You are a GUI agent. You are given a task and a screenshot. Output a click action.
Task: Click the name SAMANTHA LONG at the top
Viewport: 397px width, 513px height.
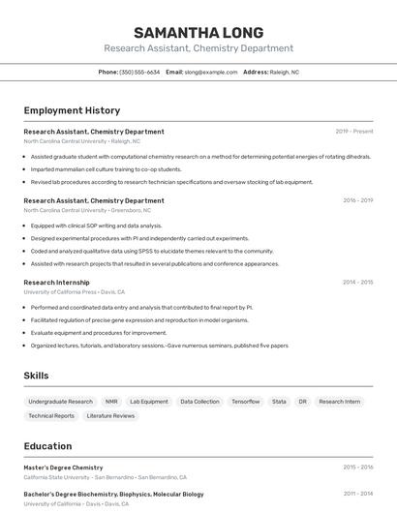(x=198, y=32)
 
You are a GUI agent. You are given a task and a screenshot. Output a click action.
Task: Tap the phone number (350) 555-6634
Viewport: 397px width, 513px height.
(x=139, y=72)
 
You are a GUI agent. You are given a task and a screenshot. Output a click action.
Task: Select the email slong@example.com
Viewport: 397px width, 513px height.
(x=210, y=72)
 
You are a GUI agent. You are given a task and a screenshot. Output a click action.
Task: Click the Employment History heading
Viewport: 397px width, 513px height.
(x=72, y=110)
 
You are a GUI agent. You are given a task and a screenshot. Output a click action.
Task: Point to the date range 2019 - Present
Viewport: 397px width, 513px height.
(x=354, y=132)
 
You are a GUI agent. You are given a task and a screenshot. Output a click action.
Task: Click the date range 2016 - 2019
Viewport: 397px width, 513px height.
(x=357, y=200)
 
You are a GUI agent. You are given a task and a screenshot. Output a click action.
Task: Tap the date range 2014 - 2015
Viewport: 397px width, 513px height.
(x=357, y=283)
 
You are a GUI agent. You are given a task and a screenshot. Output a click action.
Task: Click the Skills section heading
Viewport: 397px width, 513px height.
(x=36, y=376)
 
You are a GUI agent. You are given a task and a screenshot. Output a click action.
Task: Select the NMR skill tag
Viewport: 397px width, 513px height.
(x=111, y=402)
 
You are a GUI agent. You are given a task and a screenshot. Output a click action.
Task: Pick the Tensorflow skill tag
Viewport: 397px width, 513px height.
(x=245, y=402)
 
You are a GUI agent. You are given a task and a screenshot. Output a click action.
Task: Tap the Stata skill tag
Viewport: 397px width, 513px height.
(x=279, y=402)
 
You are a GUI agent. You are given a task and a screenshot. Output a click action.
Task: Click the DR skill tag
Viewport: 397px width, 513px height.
(x=302, y=402)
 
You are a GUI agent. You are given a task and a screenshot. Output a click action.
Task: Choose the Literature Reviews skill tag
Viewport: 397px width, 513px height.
(x=110, y=416)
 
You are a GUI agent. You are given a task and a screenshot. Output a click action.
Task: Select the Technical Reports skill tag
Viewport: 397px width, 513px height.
(x=51, y=416)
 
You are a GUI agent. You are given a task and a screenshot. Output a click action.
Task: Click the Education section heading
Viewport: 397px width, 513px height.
(x=47, y=446)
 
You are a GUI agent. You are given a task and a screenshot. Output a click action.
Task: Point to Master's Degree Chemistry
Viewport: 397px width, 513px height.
(x=63, y=468)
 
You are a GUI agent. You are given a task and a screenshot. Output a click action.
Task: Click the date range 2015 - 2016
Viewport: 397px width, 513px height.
(x=357, y=468)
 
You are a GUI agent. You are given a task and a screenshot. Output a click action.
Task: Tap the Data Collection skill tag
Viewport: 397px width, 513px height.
(x=199, y=402)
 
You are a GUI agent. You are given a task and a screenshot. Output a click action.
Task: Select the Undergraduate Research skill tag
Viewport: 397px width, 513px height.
(x=60, y=402)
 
